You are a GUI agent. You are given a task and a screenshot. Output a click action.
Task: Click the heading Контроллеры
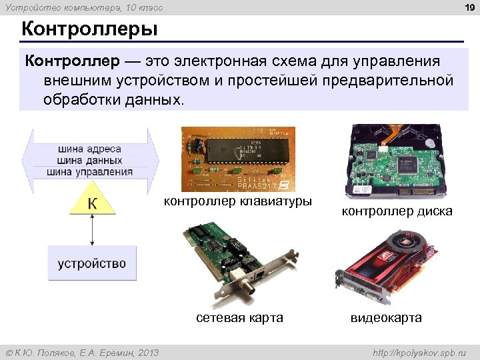(89, 30)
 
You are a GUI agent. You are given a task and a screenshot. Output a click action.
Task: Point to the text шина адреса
(89, 149)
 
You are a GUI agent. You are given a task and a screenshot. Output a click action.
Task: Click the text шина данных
(89, 160)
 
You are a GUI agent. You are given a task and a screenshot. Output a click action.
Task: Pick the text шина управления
(89, 171)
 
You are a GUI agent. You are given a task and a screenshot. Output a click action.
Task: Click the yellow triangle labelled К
(92, 201)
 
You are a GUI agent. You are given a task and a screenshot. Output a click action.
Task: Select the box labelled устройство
(92, 263)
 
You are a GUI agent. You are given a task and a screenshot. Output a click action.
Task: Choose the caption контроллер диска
(397, 211)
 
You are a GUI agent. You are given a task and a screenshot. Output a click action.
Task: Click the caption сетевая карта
(239, 318)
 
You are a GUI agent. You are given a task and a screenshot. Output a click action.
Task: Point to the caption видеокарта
(386, 318)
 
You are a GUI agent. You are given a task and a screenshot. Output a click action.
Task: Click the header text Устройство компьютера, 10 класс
(83, 7)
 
